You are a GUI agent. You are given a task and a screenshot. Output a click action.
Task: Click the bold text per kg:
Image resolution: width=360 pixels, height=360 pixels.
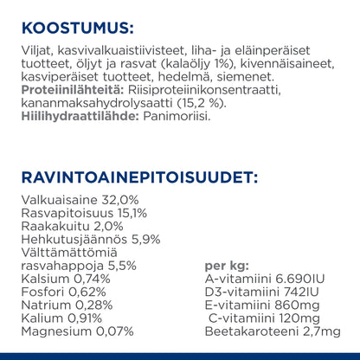[224, 267]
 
